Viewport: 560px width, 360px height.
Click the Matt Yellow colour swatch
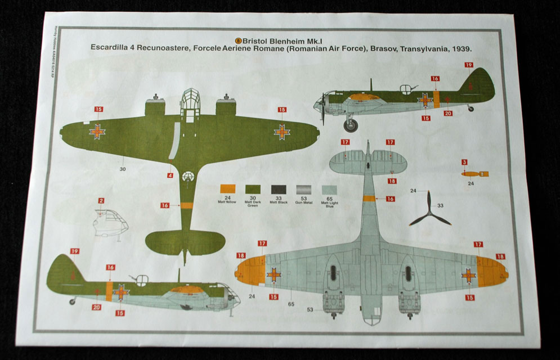(x=228, y=190)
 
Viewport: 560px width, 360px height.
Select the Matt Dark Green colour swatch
(x=253, y=190)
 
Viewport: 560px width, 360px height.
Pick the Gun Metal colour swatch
(x=303, y=190)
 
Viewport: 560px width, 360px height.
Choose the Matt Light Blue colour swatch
(x=329, y=190)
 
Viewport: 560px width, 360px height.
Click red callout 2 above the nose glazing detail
(x=101, y=201)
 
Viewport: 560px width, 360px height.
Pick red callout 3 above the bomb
(x=464, y=163)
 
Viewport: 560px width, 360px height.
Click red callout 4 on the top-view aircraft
(x=170, y=175)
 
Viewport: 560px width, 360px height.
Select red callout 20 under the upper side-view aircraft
(x=448, y=113)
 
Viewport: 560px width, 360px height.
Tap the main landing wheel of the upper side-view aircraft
(x=351, y=123)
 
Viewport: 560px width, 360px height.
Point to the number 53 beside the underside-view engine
(x=310, y=309)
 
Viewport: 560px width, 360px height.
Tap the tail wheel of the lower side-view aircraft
(x=72, y=301)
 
